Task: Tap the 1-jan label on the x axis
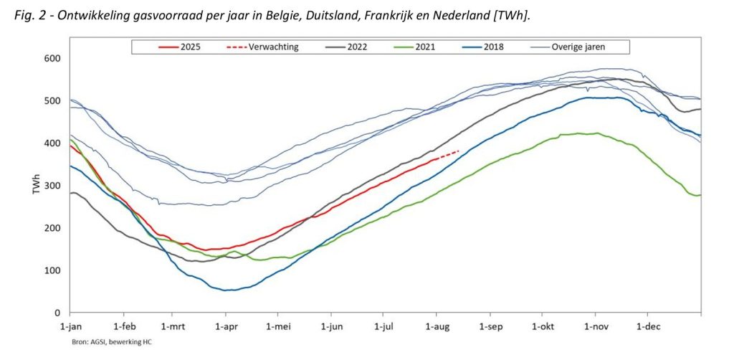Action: tap(70, 326)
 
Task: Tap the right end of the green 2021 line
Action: tap(700, 194)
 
